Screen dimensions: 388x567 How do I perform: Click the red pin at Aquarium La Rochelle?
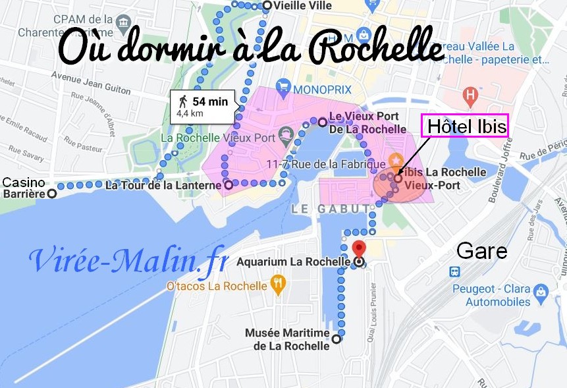click(x=358, y=248)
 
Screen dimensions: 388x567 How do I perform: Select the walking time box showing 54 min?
click(x=202, y=106)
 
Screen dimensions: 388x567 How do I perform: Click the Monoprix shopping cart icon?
click(x=284, y=86)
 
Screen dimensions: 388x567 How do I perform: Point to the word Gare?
click(x=482, y=250)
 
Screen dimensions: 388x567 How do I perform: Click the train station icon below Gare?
click(x=454, y=271)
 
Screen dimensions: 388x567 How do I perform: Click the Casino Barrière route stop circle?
click(x=51, y=194)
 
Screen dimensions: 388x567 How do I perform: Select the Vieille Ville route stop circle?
click(x=267, y=5)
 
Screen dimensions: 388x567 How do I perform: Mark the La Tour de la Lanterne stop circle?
click(x=229, y=186)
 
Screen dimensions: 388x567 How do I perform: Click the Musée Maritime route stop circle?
click(x=337, y=340)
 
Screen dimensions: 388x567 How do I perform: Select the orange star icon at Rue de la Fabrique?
click(x=396, y=159)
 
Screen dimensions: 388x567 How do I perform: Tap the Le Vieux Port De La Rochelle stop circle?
click(x=322, y=122)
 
